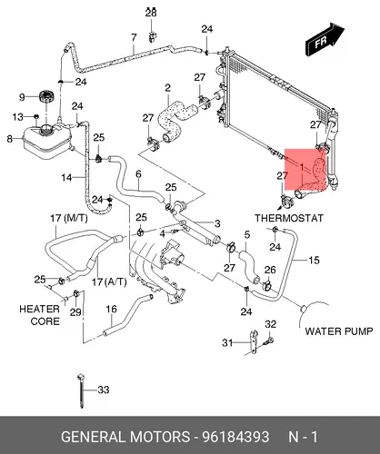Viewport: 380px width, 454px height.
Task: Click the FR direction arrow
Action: click(x=325, y=39)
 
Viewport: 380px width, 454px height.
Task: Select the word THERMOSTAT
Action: click(x=289, y=218)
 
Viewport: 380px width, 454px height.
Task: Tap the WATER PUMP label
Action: click(x=339, y=331)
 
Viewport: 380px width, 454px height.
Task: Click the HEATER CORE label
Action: click(x=40, y=315)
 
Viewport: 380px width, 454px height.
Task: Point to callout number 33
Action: click(x=104, y=390)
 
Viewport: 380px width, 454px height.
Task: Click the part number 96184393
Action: click(x=235, y=437)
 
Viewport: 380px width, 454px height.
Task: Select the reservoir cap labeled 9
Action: click(x=46, y=97)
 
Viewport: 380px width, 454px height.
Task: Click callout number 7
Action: click(x=134, y=37)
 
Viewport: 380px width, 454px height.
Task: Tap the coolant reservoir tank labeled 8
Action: click(x=47, y=142)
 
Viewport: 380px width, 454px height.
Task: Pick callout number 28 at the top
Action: click(x=151, y=12)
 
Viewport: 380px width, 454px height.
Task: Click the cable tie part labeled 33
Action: click(x=81, y=390)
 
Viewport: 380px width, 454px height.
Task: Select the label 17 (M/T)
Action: click(x=69, y=218)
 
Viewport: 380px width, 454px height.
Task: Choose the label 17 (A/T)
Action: click(x=109, y=281)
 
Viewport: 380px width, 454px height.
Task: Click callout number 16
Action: click(x=111, y=309)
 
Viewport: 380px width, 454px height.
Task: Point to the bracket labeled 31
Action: click(x=253, y=342)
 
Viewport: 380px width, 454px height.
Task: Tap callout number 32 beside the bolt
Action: click(x=271, y=324)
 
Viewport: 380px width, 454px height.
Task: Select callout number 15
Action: click(x=314, y=260)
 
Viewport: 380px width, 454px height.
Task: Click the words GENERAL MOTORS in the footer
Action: click(x=125, y=437)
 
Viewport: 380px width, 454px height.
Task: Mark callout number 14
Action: click(x=66, y=177)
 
